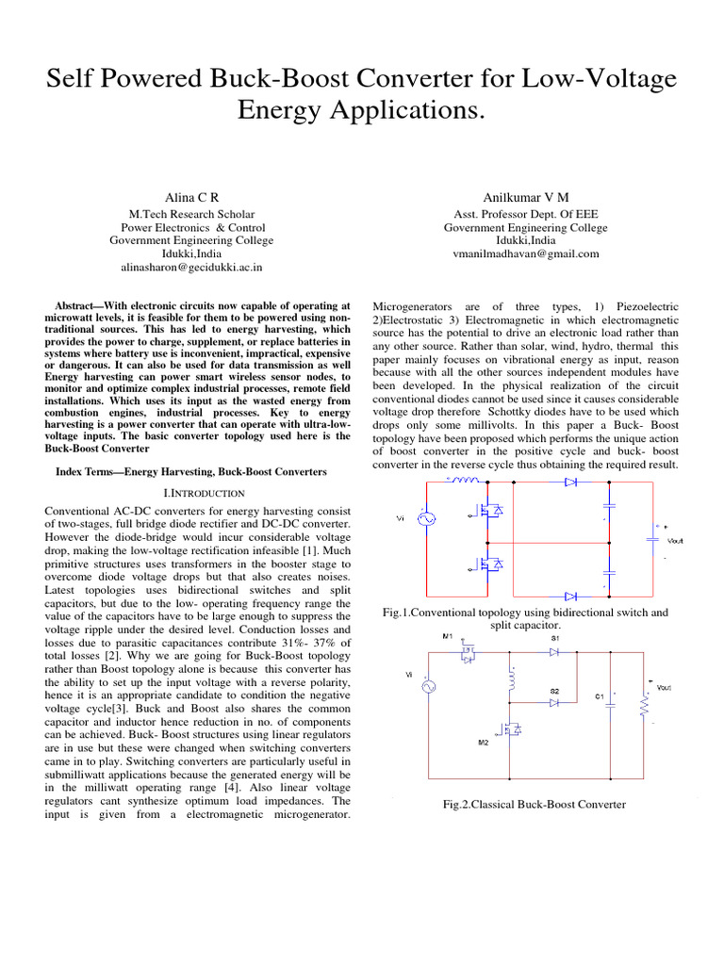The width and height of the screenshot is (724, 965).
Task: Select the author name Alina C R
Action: (x=191, y=196)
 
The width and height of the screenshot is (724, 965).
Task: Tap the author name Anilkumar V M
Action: (x=526, y=196)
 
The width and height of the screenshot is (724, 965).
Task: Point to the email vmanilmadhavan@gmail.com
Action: (x=526, y=254)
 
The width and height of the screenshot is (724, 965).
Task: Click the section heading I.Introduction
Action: (x=191, y=493)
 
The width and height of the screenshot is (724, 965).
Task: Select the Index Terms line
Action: (x=191, y=471)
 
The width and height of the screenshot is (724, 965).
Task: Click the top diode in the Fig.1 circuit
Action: (x=570, y=482)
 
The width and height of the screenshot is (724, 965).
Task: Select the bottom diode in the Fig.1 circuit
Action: (x=570, y=596)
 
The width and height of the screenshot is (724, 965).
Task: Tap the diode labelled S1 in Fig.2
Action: (x=554, y=651)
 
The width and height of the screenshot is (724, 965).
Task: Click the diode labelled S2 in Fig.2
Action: (x=554, y=702)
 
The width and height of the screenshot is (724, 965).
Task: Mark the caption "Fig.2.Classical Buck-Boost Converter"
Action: (x=535, y=804)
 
